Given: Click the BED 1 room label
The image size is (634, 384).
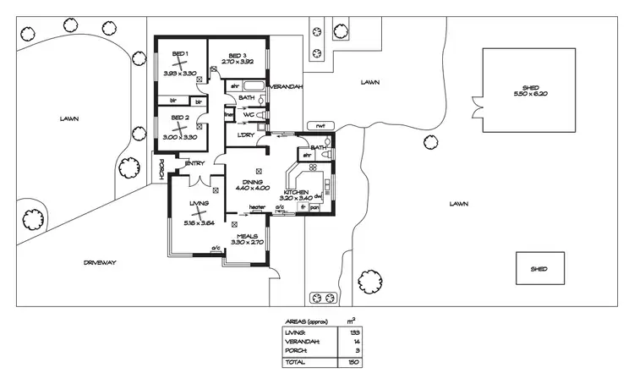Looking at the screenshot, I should pyautogui.click(x=180, y=54).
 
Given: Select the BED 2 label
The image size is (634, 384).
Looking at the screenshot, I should pyautogui.click(x=179, y=118).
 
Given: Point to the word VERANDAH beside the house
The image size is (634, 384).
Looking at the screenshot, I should pyautogui.click(x=286, y=87).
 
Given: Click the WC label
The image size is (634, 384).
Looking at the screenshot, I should pyautogui.click(x=249, y=114).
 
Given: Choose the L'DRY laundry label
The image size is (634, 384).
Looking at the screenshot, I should pyautogui.click(x=246, y=135).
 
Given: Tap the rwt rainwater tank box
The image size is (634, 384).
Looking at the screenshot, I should pyautogui.click(x=320, y=126).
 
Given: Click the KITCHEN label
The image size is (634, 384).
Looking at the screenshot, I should pyautogui.click(x=297, y=193).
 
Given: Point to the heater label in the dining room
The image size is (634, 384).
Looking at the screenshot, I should pyautogui.click(x=257, y=206).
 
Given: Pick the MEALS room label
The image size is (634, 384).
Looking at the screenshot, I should pyautogui.click(x=247, y=236).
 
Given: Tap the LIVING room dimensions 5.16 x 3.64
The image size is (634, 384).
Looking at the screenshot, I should pyautogui.click(x=199, y=222).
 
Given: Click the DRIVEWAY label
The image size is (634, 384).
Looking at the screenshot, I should pyautogui.click(x=100, y=263).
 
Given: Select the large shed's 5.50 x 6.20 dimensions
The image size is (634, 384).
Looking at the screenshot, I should pyautogui.click(x=529, y=93).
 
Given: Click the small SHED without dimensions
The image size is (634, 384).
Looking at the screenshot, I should pyautogui.click(x=538, y=269).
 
